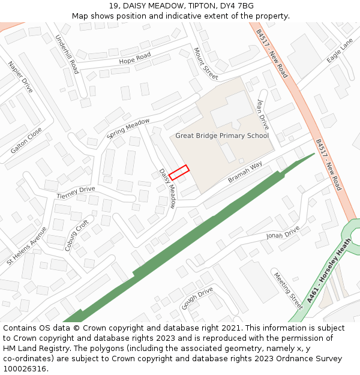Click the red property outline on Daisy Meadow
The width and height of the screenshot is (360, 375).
click(179, 173)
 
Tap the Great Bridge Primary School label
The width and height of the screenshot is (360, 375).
click(222, 136)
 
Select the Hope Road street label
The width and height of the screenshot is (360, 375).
click(134, 58)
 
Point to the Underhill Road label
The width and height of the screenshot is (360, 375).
click(67, 54)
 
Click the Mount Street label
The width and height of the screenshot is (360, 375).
click(206, 64)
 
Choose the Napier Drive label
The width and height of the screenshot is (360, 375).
click(20, 76)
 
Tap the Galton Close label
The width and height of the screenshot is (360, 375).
click(26, 140)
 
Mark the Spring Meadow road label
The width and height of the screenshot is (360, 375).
click(128, 128)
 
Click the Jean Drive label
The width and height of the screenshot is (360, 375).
click(263, 114)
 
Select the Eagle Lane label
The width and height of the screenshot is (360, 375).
click(340, 51)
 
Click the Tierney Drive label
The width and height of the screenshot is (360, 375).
click(76, 193)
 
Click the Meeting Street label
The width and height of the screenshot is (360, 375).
click(288, 287)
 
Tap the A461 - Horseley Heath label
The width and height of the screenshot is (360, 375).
click(328, 277)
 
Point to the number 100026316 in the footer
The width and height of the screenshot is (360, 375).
click(25, 368)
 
